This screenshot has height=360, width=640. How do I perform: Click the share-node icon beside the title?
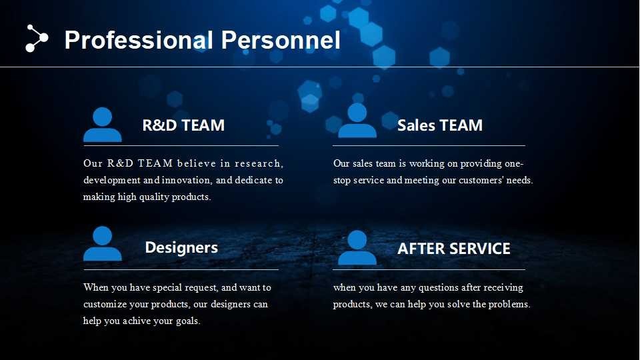[x=37, y=39]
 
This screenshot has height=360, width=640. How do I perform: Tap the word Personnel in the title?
[x=281, y=40]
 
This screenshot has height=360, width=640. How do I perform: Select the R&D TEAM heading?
[x=183, y=125]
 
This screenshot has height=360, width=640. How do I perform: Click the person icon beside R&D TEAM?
[x=103, y=125]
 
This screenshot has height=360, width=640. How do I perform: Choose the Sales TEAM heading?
[x=439, y=125]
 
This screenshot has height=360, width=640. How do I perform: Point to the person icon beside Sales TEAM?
[x=357, y=121]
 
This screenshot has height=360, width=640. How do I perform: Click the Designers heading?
[x=181, y=248]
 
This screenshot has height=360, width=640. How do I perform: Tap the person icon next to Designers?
[x=103, y=243]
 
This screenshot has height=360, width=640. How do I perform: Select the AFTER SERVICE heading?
[x=453, y=249]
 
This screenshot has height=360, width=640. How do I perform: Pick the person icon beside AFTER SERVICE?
[x=357, y=247]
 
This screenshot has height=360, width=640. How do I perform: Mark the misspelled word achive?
[x=137, y=321]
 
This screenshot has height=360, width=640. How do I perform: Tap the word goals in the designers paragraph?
[x=188, y=321]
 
